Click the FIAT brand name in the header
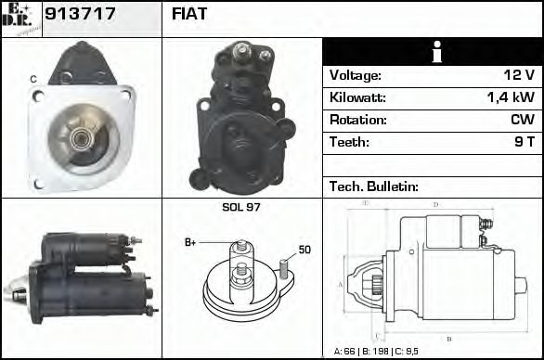189,15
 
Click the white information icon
434,52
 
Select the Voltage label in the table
355,75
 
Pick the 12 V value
518,75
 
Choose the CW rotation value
522,120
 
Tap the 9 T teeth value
524,142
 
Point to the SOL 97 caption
241,207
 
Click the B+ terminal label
190,242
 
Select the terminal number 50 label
304,250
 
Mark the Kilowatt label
357,97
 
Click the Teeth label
349,142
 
